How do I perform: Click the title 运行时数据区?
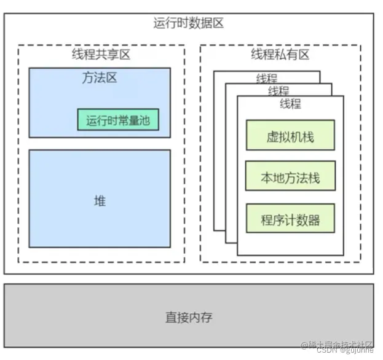click(x=188, y=23)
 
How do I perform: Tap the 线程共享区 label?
click(x=101, y=55)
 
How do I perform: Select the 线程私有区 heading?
click(x=280, y=55)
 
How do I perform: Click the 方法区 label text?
click(x=100, y=78)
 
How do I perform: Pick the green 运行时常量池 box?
click(x=118, y=120)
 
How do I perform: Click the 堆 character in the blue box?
click(x=100, y=200)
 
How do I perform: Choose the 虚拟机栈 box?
click(x=290, y=136)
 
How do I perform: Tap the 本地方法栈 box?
click(x=290, y=178)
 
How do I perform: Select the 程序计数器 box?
click(x=290, y=220)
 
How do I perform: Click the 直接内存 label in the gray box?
click(x=189, y=318)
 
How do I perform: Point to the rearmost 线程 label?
click(x=266, y=78)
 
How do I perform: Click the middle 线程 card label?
click(x=278, y=91)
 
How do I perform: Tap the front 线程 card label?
click(x=290, y=104)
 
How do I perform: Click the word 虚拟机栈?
click(x=290, y=136)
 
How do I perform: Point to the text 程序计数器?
click(x=290, y=220)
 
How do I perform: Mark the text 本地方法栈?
click(x=290, y=178)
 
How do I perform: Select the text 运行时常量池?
click(x=118, y=120)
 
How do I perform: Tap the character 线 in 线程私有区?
click(x=256, y=55)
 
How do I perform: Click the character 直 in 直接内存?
click(x=171, y=318)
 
